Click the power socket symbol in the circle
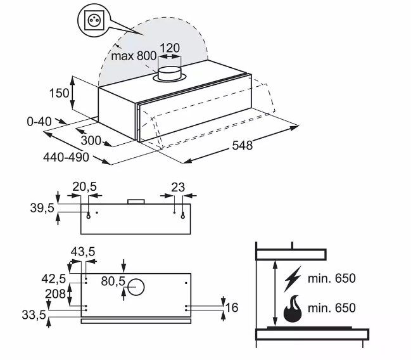tap(94, 20)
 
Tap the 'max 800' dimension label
tap(134, 56)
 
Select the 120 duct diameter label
tap(170, 48)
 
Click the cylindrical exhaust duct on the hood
tap(170, 74)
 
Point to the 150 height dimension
tap(60, 93)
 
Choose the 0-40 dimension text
tap(39, 122)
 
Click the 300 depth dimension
tap(91, 140)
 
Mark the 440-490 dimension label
tap(66, 157)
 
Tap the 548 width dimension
tap(243, 145)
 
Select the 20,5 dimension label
tap(84, 187)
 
